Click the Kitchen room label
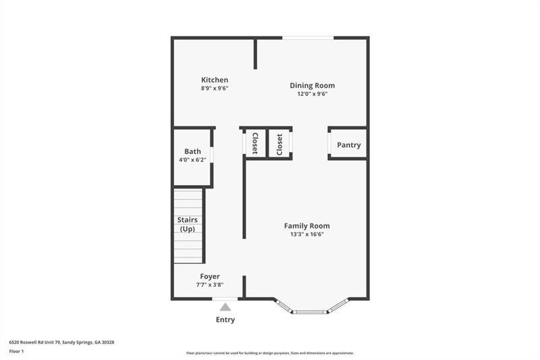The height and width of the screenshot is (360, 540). pos(215,80)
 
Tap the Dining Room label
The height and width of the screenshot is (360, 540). pos(312,85)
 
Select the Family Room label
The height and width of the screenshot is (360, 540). pos(306,226)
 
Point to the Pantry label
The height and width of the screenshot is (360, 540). pos(349,145)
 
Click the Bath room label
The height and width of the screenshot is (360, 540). pos(192,151)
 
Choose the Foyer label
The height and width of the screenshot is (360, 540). pos(209,276)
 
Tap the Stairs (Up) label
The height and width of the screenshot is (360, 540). pos(187,224)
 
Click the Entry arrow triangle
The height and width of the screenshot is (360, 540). pos(225,307)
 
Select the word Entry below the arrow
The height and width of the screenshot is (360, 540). pos(225,319)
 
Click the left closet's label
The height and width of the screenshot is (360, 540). pos(255,143)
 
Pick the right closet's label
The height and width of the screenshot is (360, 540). pos(279,143)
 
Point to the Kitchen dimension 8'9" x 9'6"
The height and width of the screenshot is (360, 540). pos(215,88)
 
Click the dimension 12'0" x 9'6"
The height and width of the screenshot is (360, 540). pos(312,94)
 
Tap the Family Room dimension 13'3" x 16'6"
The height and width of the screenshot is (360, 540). pos(306,234)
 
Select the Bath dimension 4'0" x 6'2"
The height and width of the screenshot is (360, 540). pos(192,160)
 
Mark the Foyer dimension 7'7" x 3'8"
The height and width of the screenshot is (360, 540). pos(209,285)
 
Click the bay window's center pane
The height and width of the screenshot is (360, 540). pos(311,312)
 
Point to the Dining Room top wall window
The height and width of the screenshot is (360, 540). pos(308,37)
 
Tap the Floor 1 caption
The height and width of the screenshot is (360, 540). pos(17,351)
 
